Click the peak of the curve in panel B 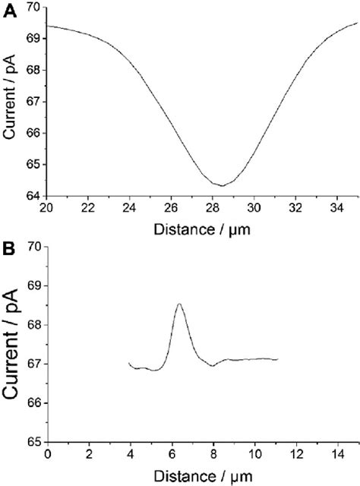pos(179,304)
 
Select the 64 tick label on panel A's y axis pos(35,196)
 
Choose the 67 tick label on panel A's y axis pos(35,101)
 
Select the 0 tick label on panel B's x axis pos(47,454)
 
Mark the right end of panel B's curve pos(278,358)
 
